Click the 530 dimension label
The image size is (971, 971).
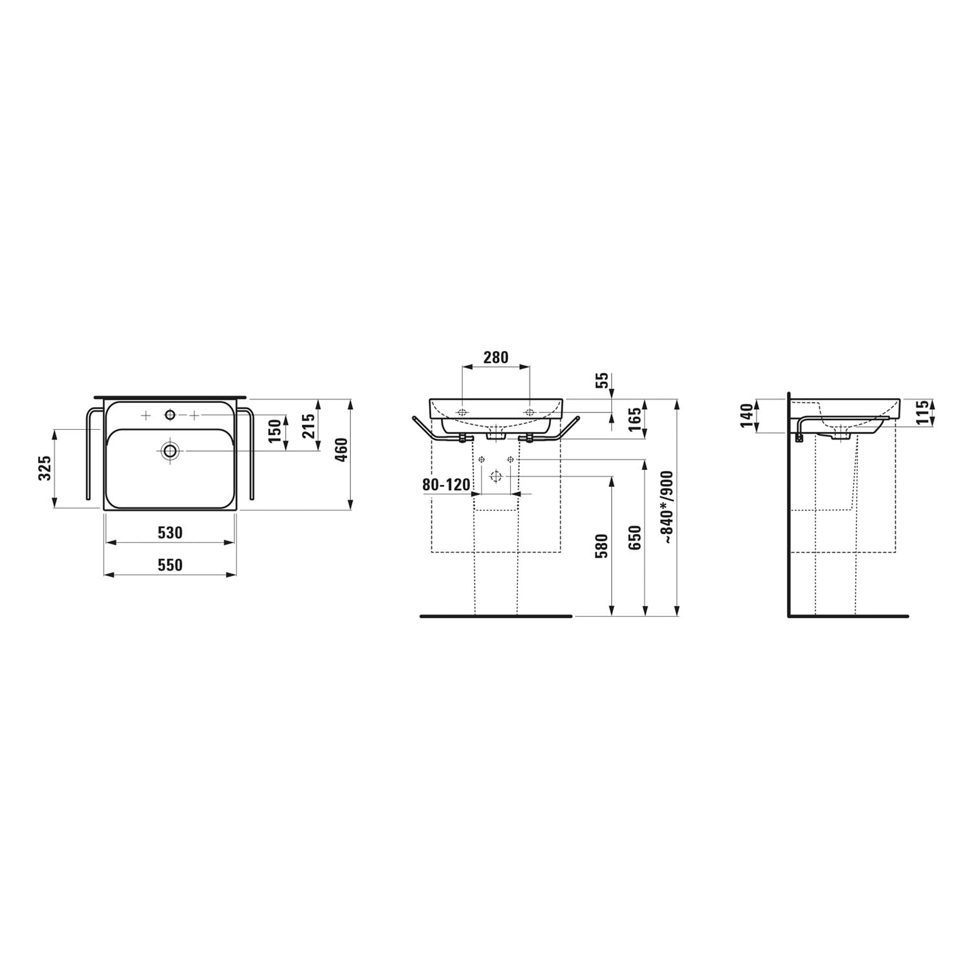(170, 533)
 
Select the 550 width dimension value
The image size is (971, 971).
(170, 565)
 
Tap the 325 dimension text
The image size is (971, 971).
(45, 468)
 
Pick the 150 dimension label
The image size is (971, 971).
(275, 432)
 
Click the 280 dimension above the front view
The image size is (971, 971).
(496, 357)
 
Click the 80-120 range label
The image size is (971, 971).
(446, 485)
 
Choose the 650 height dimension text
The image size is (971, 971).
(635, 538)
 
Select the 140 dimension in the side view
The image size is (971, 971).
(747, 416)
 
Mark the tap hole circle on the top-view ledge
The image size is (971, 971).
(170, 414)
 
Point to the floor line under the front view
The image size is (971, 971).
(496, 616)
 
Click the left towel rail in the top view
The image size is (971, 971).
(88, 453)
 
